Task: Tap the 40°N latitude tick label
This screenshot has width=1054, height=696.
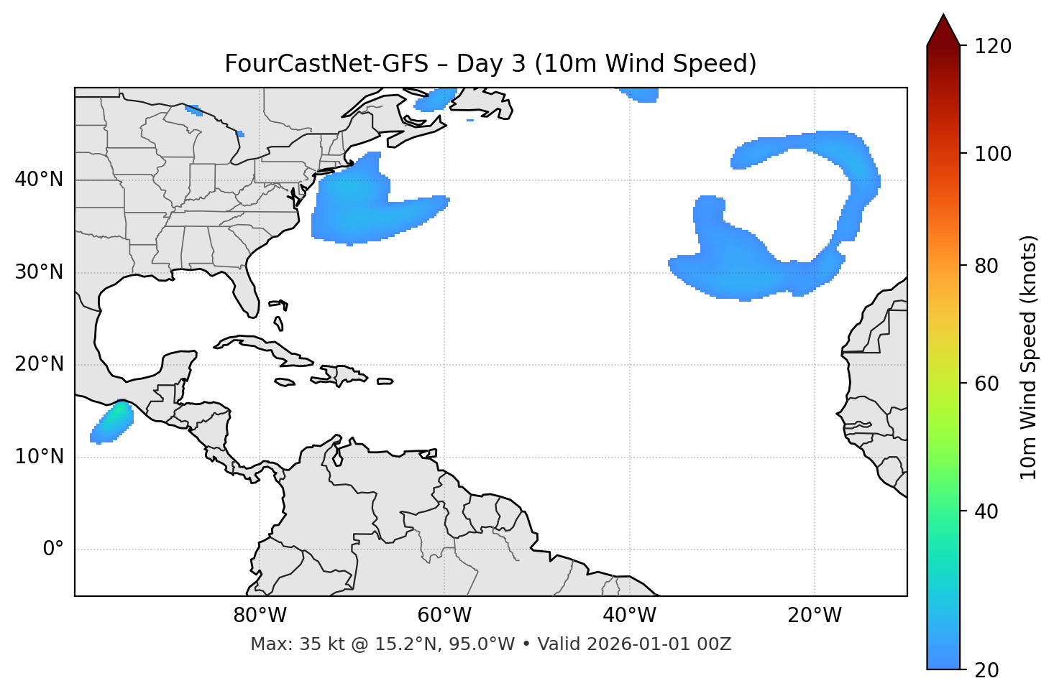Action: click(39, 180)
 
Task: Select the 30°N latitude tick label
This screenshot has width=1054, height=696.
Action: click(39, 272)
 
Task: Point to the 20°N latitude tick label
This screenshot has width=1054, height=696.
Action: click(39, 364)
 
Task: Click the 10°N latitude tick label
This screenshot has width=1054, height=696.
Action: click(39, 457)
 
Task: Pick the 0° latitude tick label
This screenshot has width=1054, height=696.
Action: click(53, 549)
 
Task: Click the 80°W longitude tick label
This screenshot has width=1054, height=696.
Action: click(260, 616)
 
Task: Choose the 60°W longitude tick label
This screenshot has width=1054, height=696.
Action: click(444, 616)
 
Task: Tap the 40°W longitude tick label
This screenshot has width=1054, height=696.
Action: click(629, 616)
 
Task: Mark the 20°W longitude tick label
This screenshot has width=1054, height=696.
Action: click(814, 616)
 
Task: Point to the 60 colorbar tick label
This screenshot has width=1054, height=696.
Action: click(986, 384)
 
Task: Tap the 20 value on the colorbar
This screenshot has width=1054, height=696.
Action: click(986, 670)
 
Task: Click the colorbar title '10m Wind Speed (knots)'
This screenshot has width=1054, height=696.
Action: click(1029, 357)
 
